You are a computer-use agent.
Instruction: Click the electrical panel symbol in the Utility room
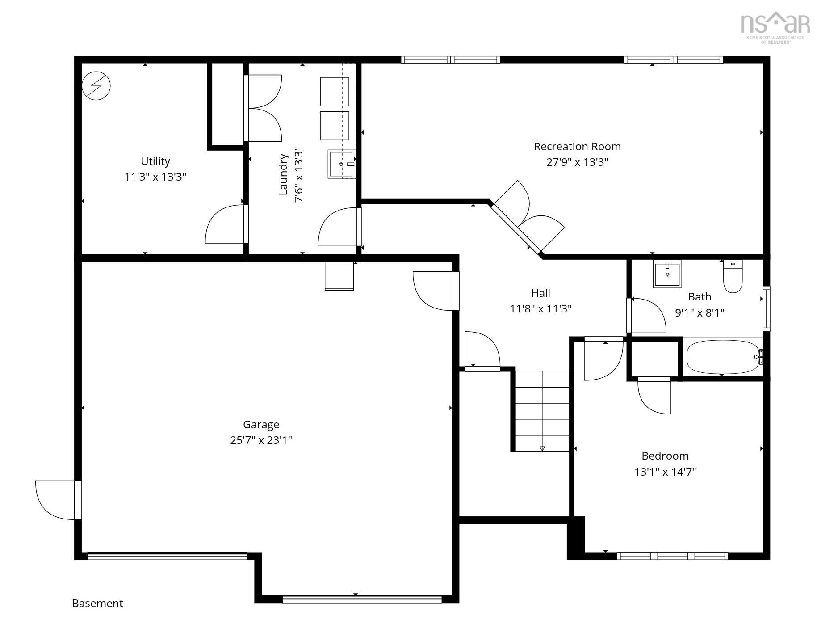[96, 86]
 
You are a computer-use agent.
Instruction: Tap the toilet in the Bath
[733, 277]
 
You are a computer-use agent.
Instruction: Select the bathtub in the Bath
[723, 357]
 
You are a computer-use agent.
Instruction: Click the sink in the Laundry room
[342, 164]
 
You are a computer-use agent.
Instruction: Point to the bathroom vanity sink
[667, 274]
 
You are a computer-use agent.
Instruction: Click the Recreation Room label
[577, 147]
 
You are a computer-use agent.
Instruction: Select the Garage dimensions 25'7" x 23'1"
[261, 440]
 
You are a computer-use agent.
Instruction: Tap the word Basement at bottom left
[97, 604]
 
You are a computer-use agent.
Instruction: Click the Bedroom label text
[665, 456]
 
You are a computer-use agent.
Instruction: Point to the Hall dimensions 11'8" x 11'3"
[540, 309]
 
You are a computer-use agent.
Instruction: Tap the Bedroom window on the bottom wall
[672, 556]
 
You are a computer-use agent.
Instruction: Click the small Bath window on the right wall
[766, 308]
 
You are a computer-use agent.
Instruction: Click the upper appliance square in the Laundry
[334, 91]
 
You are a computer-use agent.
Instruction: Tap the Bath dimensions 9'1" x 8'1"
[700, 312]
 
